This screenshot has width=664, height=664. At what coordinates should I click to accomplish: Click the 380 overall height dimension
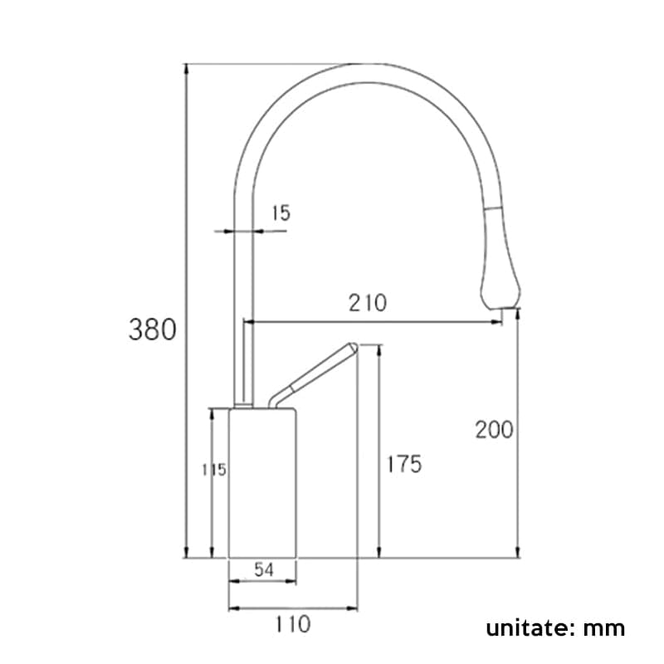coord(152,330)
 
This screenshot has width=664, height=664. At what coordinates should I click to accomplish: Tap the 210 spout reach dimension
coord(368,303)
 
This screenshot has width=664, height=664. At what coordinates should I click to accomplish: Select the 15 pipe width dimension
coord(281,213)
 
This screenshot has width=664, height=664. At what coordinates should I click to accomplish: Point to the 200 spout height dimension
coord(494,430)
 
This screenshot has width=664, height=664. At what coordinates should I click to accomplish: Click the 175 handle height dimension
coord(403,464)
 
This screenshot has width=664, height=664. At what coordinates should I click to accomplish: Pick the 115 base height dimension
coord(215,470)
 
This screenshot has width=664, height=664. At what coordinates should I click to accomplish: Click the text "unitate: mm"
coord(555,627)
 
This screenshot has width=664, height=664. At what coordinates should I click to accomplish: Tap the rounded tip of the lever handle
coord(352,347)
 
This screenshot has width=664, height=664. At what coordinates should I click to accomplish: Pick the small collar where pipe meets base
coord(243,405)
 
